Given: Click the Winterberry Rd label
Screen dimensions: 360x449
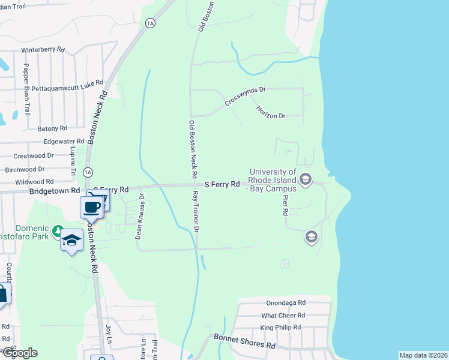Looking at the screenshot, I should coord(43,49).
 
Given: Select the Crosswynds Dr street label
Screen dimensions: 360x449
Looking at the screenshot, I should coord(245,96).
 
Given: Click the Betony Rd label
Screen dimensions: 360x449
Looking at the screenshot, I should coord(52,128).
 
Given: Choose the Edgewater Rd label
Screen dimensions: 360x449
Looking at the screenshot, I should coord(64,142).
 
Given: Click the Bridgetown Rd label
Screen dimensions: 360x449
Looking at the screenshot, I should coord(55,190).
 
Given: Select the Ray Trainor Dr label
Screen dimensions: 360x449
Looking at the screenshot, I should coord(195,212).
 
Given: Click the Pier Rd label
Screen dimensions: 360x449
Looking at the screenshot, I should coord(285,204).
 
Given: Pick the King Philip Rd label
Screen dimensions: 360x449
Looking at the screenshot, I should coord(280,328).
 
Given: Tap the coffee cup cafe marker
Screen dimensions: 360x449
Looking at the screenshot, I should coord(92,208).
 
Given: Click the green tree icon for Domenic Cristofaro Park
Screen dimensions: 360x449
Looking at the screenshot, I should coord(57,230).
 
